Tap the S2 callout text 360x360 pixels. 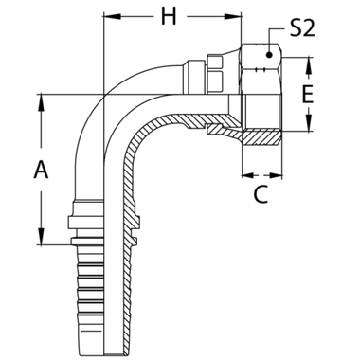click(301, 31)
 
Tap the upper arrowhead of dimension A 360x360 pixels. click(41, 99)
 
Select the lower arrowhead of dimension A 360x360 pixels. click(41, 242)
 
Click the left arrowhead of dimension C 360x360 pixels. click(245, 176)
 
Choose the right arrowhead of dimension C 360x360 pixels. click(282, 176)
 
